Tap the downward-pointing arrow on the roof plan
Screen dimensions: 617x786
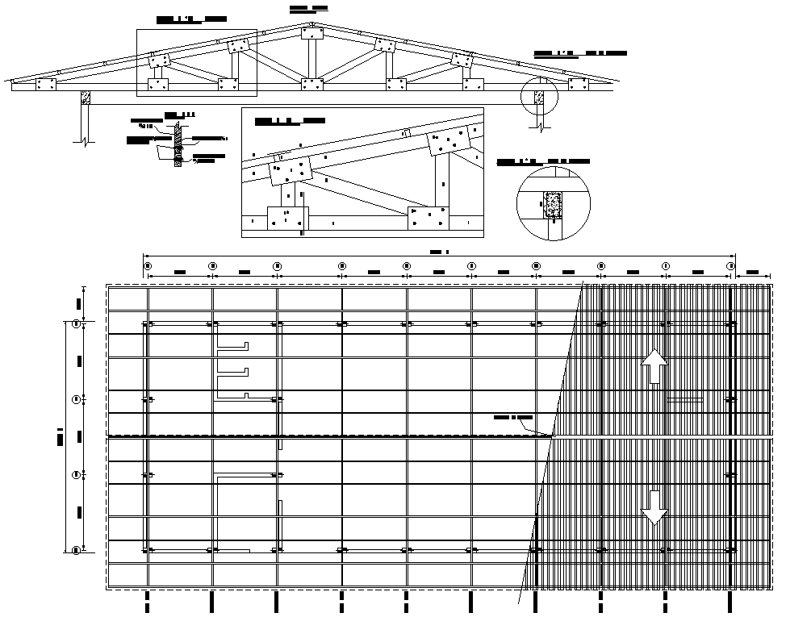click(x=654, y=507)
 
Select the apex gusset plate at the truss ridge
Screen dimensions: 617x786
click(x=311, y=33)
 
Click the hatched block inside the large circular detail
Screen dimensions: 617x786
click(x=553, y=205)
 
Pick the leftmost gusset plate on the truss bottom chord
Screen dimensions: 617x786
click(x=44, y=84)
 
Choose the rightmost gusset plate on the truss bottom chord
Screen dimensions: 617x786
click(x=577, y=83)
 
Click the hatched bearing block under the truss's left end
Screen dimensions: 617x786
click(x=85, y=97)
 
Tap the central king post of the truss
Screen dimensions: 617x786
click(x=311, y=59)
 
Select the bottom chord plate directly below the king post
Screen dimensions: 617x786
click(x=311, y=84)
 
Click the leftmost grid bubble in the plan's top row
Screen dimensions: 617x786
click(x=148, y=265)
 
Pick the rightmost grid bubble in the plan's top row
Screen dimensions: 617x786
click(x=731, y=265)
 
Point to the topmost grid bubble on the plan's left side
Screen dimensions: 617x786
click(x=76, y=324)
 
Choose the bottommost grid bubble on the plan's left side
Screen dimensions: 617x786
click(x=76, y=550)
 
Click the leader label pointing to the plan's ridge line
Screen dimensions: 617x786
click(x=513, y=418)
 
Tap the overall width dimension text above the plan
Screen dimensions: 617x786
click(x=439, y=252)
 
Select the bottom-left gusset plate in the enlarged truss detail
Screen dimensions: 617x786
click(x=287, y=217)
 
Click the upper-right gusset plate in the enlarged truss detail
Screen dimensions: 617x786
click(x=450, y=143)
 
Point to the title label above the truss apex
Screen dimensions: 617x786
click(x=308, y=8)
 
